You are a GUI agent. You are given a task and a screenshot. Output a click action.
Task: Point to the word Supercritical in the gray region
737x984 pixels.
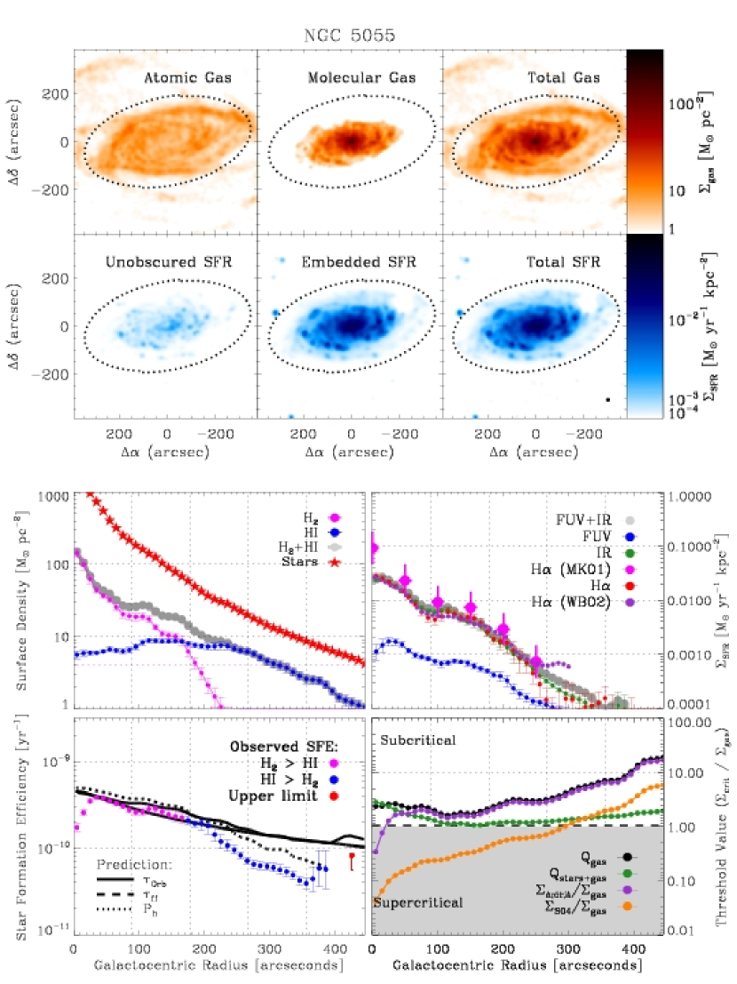419,902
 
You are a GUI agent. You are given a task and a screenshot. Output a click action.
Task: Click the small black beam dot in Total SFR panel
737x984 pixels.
607,399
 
